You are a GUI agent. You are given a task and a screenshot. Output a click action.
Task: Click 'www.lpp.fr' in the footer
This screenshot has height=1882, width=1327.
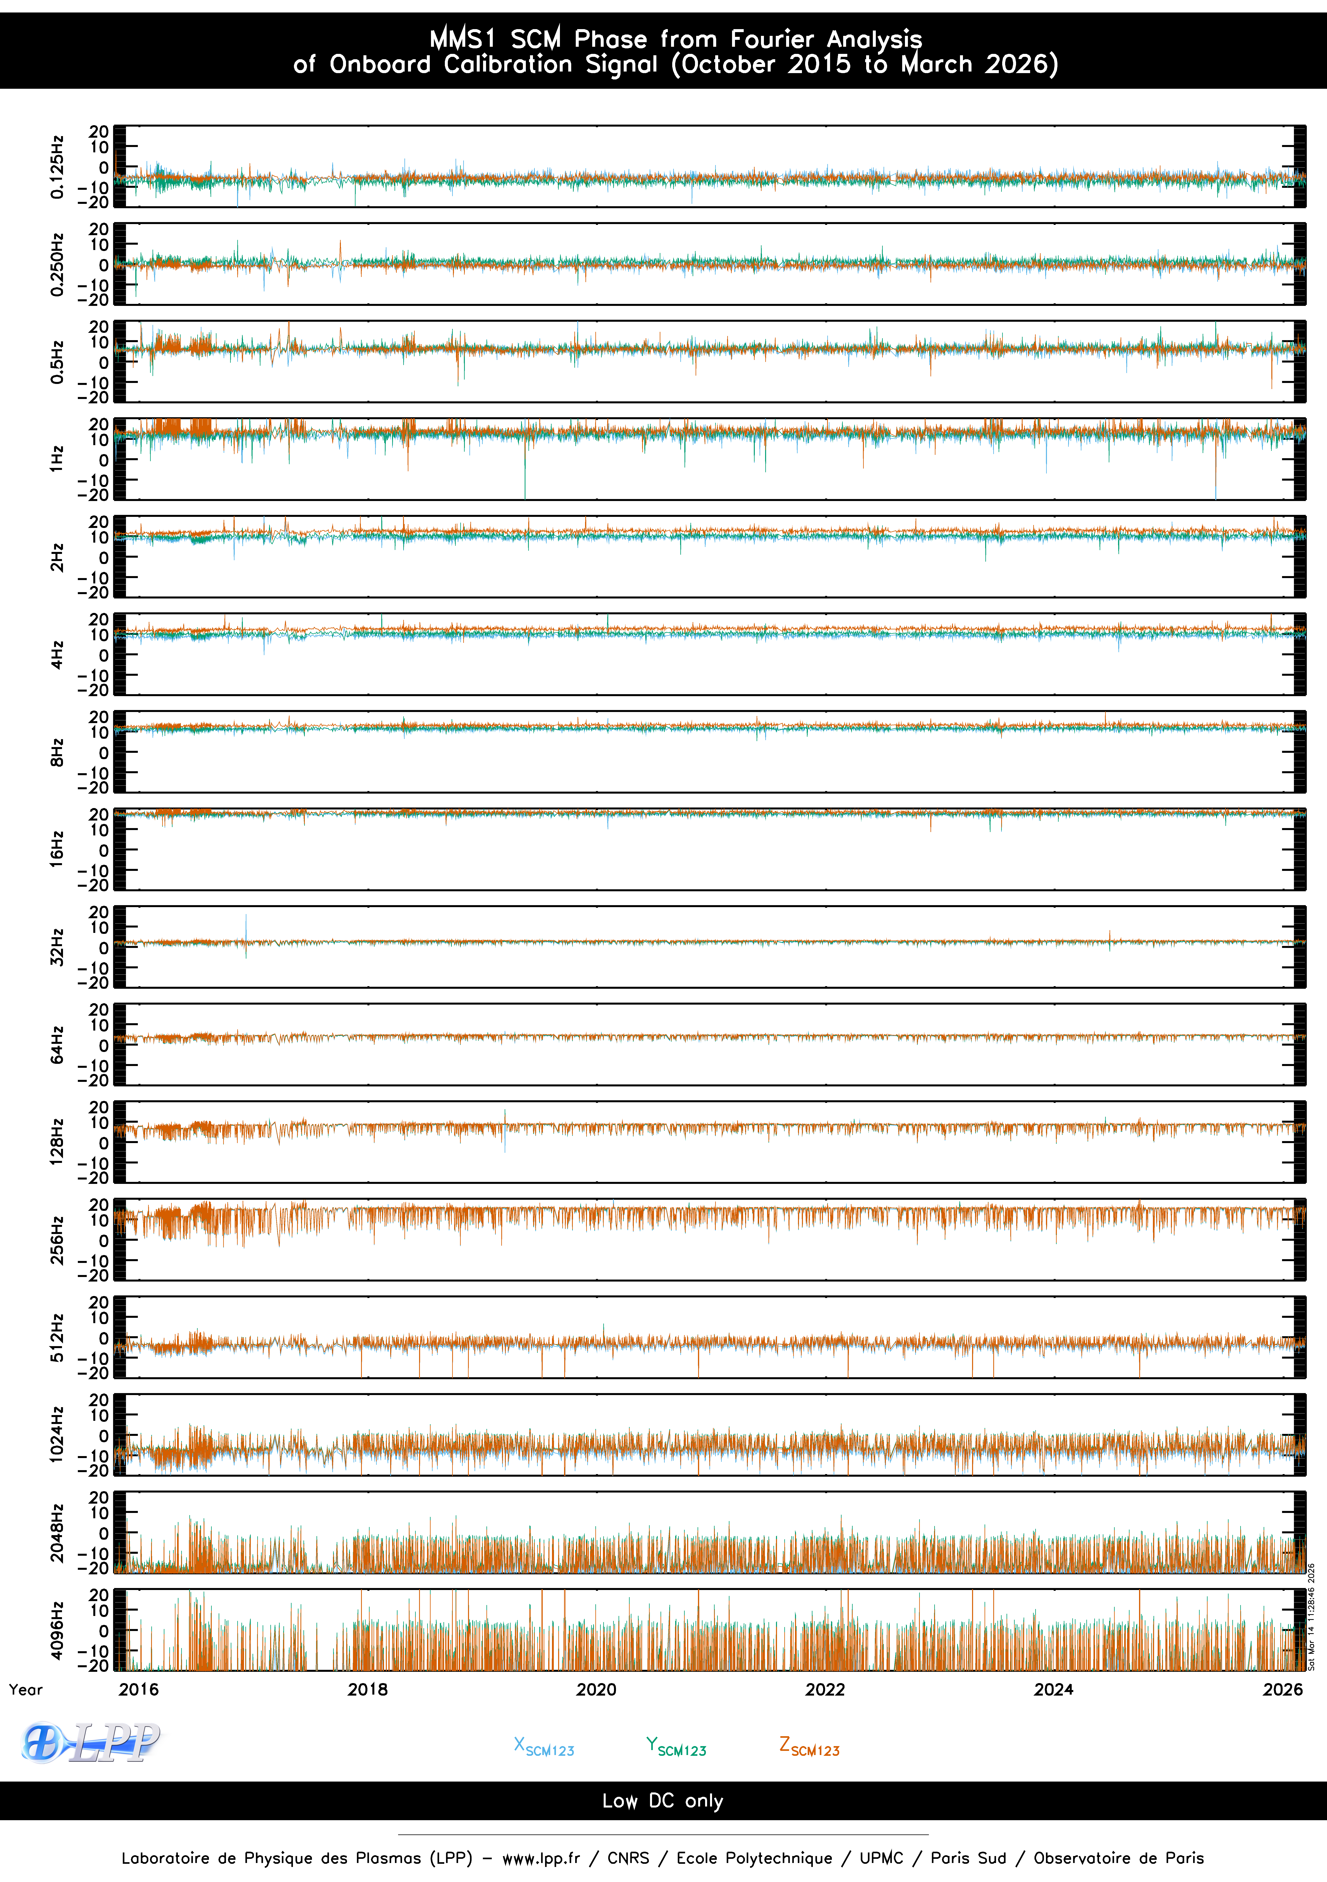[541, 1858]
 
